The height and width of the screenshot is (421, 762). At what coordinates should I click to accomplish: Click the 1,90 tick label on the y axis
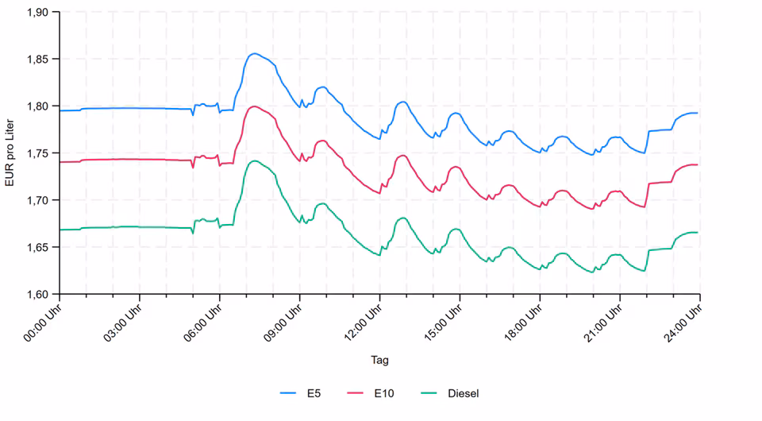[37, 13]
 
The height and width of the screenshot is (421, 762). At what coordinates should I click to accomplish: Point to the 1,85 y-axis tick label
[37, 60]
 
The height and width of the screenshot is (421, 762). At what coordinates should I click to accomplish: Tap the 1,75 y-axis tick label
[37, 153]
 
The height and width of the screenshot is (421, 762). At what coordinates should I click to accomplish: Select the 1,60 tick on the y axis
[37, 294]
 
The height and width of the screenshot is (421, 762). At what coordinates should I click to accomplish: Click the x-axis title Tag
[379, 360]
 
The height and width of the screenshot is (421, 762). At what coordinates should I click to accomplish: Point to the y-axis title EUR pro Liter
[10, 153]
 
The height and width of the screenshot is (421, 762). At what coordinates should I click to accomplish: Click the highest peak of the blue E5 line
[253, 54]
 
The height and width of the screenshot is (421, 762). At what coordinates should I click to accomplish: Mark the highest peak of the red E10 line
[253, 106]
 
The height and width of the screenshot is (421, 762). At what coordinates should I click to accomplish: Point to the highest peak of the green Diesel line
[254, 161]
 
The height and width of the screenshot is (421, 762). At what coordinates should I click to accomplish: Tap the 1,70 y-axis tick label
[37, 200]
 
